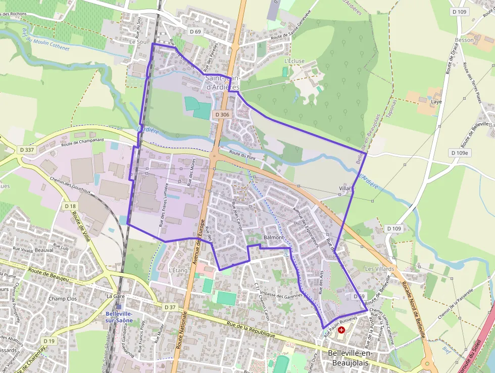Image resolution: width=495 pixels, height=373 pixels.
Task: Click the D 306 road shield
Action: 222,115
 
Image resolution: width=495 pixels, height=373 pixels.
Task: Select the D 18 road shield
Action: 70,206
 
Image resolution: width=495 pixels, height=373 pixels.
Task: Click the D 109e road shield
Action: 459,153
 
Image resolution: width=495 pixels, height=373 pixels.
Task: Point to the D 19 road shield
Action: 49,341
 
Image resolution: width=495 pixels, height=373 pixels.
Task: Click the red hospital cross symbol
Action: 341,330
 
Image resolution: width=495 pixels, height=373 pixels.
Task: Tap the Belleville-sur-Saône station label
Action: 121,317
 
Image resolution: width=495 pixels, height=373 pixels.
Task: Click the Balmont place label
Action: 274,237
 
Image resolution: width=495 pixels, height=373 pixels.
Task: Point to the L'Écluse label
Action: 294,61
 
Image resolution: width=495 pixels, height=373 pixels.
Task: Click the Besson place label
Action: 464,39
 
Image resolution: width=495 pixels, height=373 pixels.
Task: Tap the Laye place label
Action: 436,101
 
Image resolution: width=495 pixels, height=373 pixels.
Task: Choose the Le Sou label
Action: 137,42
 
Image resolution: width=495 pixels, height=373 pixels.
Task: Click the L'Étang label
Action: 178,270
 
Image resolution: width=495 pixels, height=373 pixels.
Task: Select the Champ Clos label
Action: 63,299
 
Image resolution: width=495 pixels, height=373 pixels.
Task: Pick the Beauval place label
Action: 44,250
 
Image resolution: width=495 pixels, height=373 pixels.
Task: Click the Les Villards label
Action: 379,269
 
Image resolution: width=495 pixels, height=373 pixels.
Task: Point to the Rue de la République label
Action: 251,329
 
